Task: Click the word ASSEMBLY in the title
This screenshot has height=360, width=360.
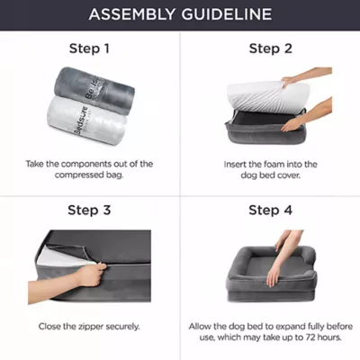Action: (x=132, y=14)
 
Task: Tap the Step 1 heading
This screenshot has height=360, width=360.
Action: (x=89, y=49)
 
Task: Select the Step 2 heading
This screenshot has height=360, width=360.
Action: (x=271, y=49)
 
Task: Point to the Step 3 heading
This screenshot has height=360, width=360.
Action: (x=89, y=210)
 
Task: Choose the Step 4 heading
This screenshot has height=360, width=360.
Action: (x=271, y=210)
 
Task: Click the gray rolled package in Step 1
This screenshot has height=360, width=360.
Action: (x=94, y=86)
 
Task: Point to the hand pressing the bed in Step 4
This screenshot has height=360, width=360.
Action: (x=273, y=275)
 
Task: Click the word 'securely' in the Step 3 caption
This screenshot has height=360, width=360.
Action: (x=122, y=327)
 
